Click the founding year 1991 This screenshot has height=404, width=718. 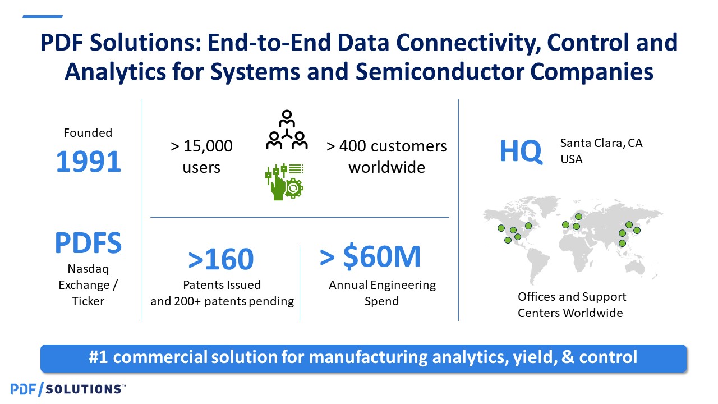89,162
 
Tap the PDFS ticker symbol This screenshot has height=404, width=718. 88,243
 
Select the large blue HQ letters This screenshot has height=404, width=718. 521,151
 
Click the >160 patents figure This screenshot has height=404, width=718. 221,259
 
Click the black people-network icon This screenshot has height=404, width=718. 287,130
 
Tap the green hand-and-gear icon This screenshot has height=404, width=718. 284,182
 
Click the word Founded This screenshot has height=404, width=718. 88,133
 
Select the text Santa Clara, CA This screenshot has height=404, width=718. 601,143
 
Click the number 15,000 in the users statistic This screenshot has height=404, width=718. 208,146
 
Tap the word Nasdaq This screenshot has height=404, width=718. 88,269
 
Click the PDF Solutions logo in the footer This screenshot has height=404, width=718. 68,389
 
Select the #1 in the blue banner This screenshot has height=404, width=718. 99,357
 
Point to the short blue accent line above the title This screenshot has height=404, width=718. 43,16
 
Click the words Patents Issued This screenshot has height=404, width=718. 222,284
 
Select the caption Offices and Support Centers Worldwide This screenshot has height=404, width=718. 572,305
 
